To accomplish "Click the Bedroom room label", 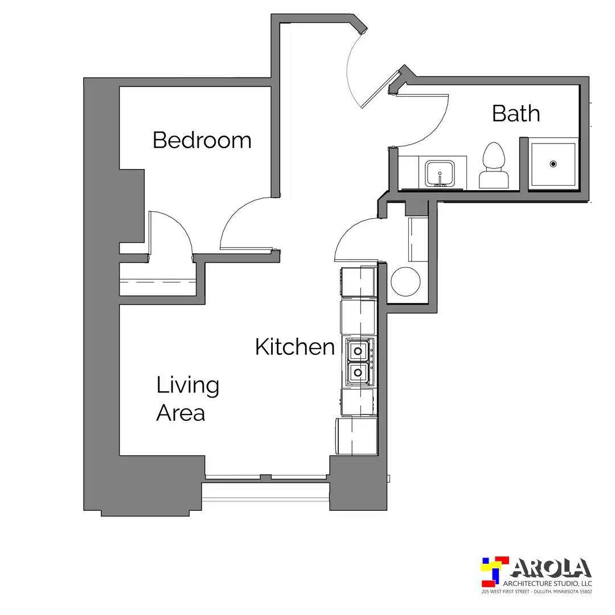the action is pos(202,140).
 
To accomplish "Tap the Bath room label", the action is pos(516,113).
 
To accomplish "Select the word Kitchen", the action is pos(295,347).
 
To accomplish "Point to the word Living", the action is pos(187,386).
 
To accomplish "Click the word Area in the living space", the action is pos(181,413).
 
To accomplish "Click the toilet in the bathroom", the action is pos(494,166).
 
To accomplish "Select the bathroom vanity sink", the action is pos(440,173).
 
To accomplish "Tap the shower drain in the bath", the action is pos(553,163).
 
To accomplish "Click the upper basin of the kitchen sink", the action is pos(357,350).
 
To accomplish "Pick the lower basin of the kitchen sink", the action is pos(357,372).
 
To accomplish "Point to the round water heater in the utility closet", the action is pos(405,282).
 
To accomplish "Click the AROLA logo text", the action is pos(551,568).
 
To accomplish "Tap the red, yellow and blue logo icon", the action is pos(495,571).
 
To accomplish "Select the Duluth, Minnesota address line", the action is pos(536,592).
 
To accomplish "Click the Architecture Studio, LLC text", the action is pos(548,584).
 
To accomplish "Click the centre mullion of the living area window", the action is pos(265,477).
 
